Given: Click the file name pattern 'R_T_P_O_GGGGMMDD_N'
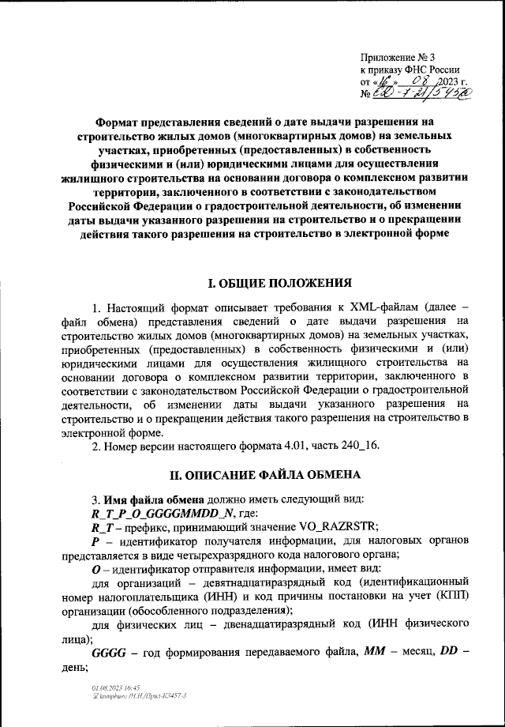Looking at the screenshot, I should (156, 514).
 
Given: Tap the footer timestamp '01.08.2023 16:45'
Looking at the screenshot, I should (116, 688).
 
